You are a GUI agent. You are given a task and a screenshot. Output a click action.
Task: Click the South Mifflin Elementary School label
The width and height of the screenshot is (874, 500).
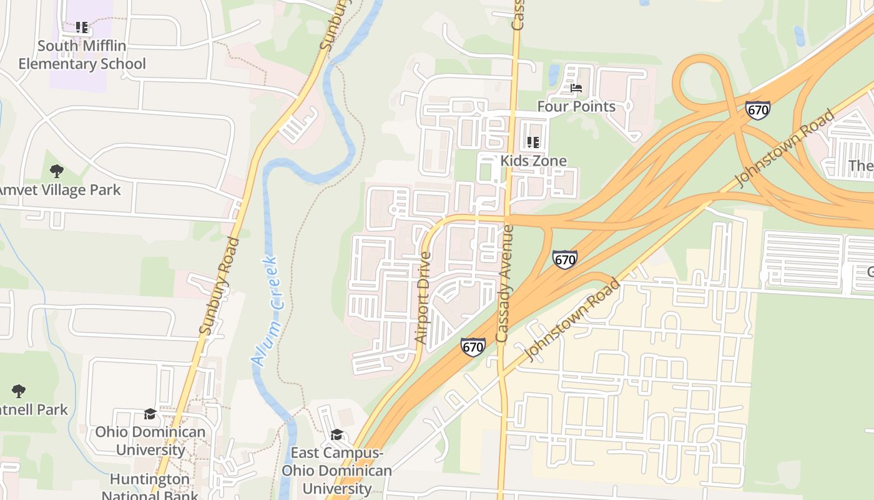coord(82,55)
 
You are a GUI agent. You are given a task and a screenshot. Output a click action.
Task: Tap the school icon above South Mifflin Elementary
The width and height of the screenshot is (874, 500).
coord(82,27)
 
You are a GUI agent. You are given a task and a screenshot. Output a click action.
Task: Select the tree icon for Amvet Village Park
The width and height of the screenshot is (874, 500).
coord(57,171)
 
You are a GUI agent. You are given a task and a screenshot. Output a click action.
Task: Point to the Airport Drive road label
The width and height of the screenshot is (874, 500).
coord(423,297)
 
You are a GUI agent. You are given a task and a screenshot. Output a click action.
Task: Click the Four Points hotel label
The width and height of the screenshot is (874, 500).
coord(576,106)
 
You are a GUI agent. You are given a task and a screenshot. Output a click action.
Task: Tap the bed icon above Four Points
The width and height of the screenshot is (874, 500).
coord(576,88)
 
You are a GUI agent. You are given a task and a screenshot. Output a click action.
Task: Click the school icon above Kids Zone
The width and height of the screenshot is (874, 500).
coord(533,142)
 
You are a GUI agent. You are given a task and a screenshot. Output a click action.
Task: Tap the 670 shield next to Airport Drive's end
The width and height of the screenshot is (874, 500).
coord(473,347)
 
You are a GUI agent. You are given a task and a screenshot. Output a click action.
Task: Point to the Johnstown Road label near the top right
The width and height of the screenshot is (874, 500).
coord(785,148)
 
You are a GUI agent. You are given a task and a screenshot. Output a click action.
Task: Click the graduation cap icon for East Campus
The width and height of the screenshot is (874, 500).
coord(336,434)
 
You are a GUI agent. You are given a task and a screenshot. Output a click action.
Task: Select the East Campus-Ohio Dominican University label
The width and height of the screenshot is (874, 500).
coord(336,471)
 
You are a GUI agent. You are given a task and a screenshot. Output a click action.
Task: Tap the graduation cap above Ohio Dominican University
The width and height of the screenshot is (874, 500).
coord(150,414)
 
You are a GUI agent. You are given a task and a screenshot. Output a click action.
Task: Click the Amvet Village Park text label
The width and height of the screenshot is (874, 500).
coord(59,189)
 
